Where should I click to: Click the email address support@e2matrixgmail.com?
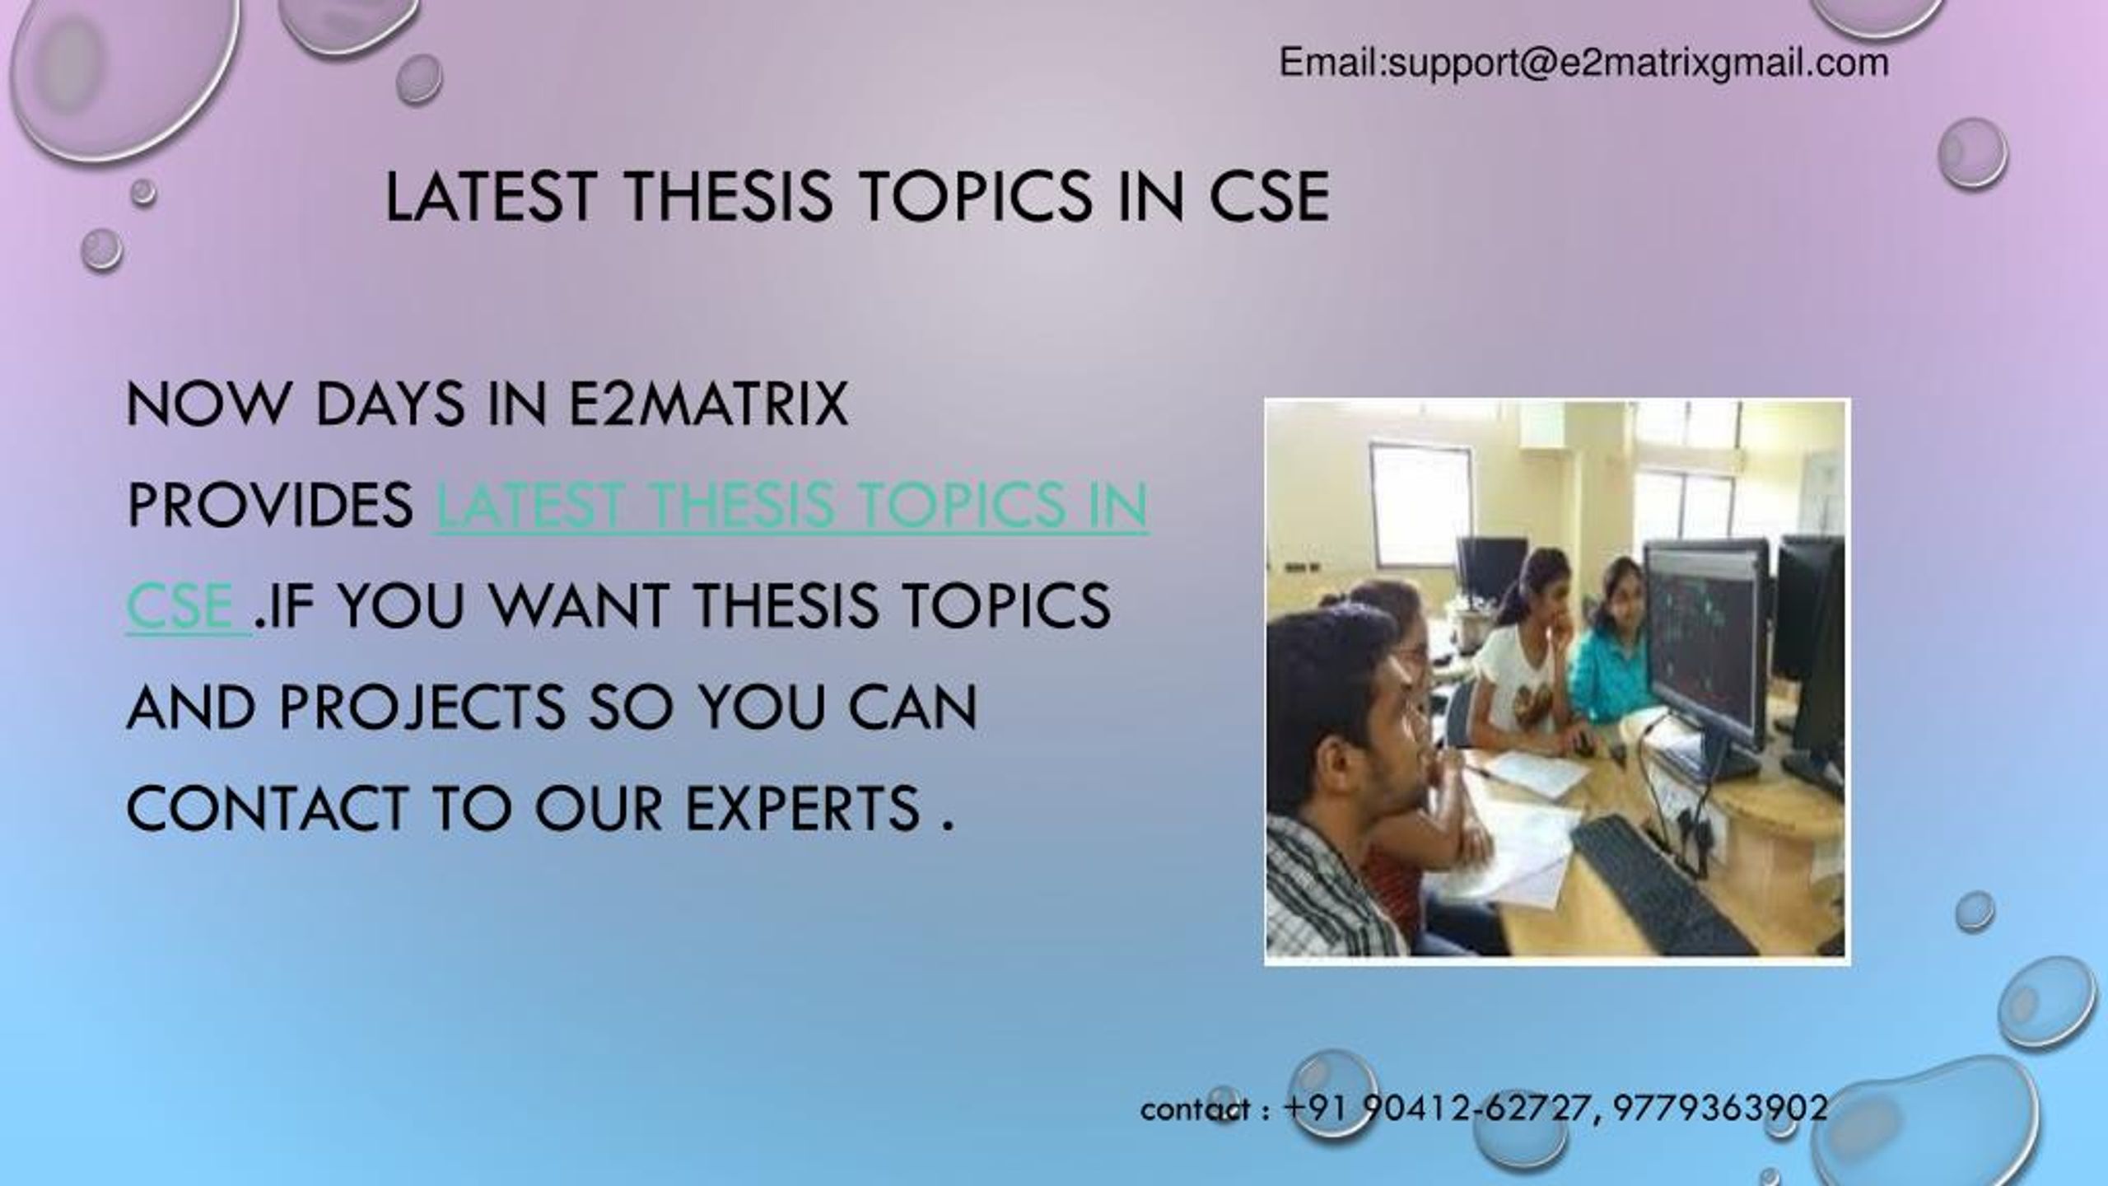coord(1639,63)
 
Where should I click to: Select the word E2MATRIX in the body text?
coord(708,404)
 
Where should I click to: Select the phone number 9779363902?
coord(1720,1108)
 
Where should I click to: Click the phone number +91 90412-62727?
coord(1433,1108)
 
